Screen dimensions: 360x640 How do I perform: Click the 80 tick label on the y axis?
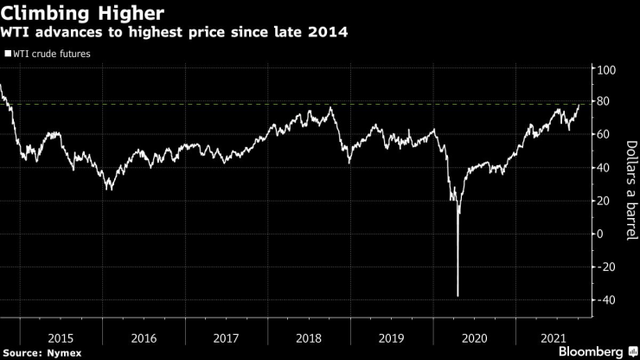point(604,102)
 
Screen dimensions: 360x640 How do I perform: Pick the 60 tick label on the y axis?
point(604,135)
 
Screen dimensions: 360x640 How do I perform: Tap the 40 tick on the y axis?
point(604,168)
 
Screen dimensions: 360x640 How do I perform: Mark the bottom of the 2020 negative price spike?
point(458,297)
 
